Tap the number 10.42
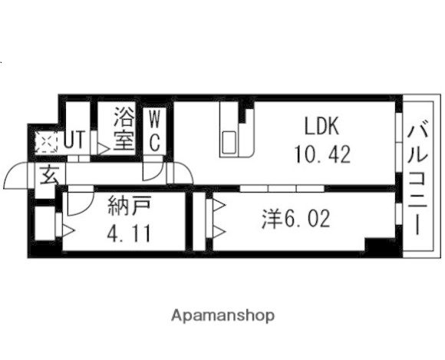321,154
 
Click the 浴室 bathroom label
124,129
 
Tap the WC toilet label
154,130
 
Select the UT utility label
74,140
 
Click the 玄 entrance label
48,175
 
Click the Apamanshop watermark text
222,315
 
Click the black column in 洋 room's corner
377,246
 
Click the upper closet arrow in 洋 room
218,205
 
